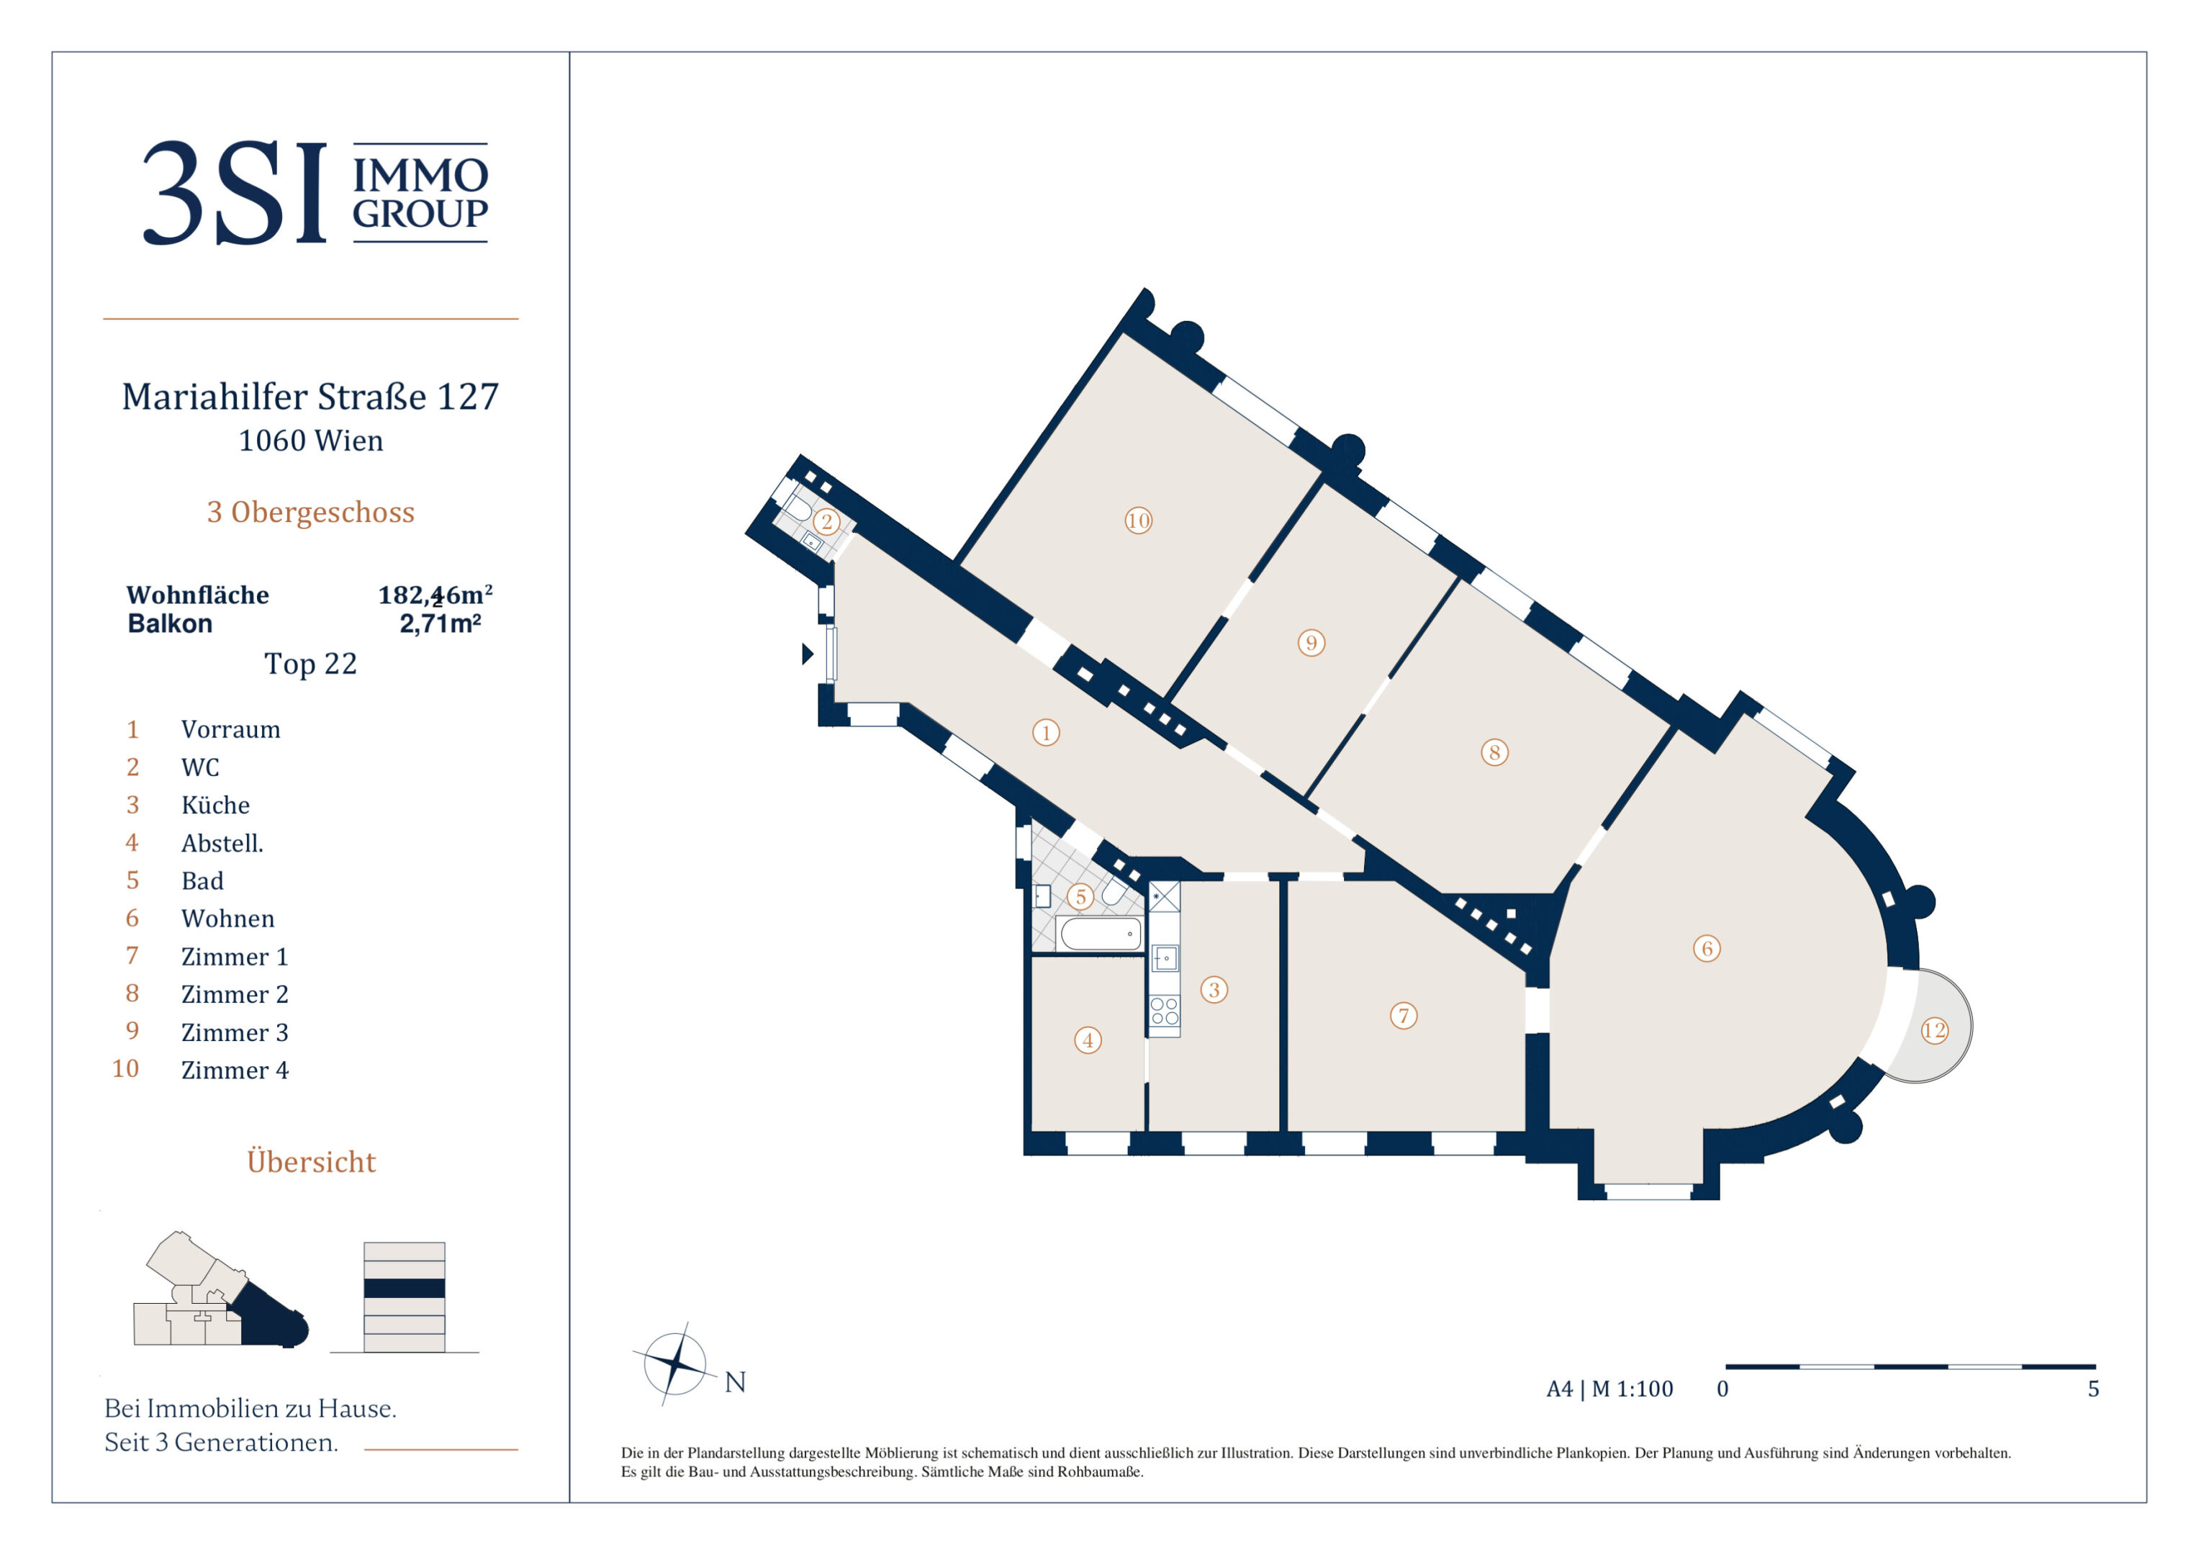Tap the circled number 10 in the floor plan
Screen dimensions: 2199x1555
(1138, 520)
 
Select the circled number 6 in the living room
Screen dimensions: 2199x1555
(1707, 949)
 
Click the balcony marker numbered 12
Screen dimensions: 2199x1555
(1933, 1030)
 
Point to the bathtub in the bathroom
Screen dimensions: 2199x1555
(1101, 933)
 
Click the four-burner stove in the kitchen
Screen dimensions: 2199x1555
(1165, 1011)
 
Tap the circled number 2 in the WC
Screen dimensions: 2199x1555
(826, 522)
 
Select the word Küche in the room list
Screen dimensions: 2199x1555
(215, 805)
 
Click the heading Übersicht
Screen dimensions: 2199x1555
(311, 1160)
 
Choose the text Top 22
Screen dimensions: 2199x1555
(310, 663)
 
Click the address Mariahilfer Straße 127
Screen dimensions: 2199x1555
(310, 396)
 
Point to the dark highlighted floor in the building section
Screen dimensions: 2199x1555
(405, 1288)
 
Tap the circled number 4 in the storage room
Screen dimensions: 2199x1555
(1087, 1040)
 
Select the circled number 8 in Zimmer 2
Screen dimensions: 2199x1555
(1494, 752)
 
